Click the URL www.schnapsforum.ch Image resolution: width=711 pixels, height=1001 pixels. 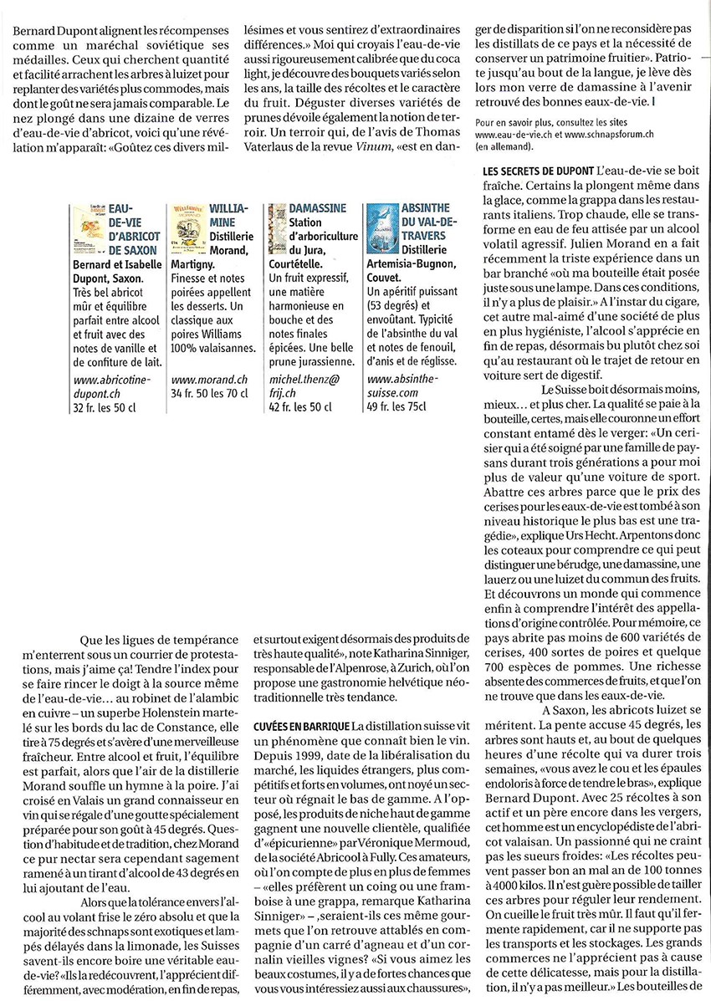(609, 134)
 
